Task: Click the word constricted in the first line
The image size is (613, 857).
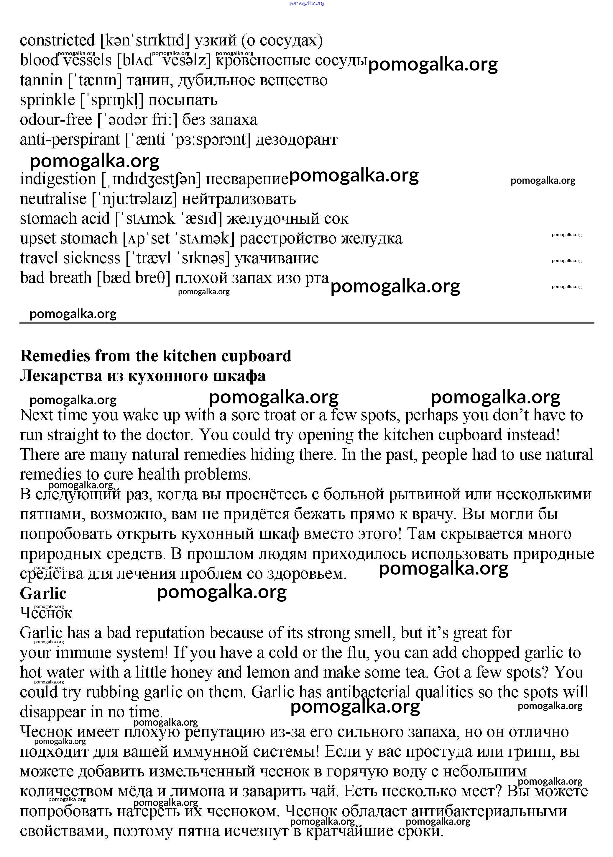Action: [x=57, y=40]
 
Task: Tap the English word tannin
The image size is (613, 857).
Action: [x=41, y=80]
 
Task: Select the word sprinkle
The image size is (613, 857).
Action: [x=47, y=100]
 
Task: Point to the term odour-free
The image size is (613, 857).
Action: [x=56, y=120]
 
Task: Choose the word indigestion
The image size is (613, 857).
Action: [x=58, y=179]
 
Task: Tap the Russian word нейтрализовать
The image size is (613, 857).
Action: [x=239, y=199]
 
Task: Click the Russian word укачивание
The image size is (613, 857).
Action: [x=277, y=258]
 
